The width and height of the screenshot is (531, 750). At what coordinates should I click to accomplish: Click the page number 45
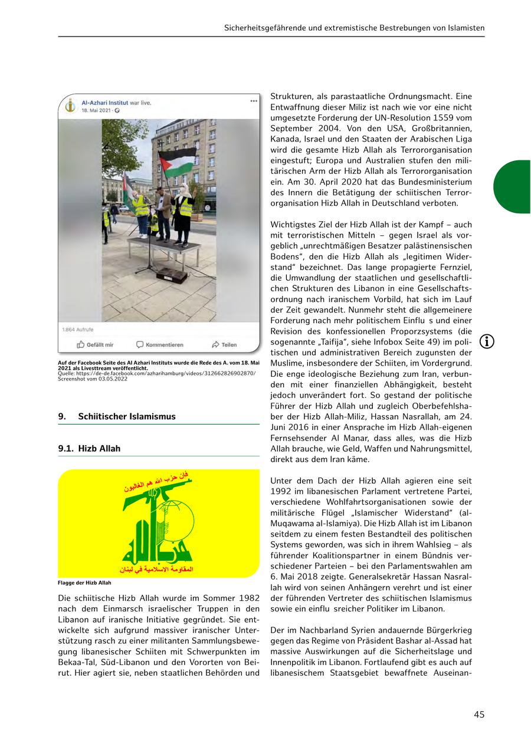point(478,714)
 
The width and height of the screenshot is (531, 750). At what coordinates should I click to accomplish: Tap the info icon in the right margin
point(487,341)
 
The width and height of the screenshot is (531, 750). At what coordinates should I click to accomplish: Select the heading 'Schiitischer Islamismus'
point(127,416)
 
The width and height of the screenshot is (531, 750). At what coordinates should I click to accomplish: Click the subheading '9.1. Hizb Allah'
point(89,448)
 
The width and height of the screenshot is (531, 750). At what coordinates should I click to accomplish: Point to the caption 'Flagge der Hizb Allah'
point(84,583)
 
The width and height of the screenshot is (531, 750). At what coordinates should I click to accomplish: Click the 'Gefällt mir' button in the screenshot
point(95,344)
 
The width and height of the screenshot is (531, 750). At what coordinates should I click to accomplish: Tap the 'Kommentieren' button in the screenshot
point(159,344)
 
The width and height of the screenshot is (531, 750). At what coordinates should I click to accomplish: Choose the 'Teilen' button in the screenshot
point(224,344)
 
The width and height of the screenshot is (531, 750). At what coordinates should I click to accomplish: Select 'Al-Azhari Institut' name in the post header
point(104,103)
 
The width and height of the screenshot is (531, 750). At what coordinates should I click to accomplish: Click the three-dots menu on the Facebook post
point(254,101)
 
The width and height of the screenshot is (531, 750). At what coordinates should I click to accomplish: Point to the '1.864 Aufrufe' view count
point(78,330)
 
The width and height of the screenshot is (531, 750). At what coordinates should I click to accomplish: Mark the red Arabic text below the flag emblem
point(156,569)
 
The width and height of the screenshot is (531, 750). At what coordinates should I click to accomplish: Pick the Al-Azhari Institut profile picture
point(70,106)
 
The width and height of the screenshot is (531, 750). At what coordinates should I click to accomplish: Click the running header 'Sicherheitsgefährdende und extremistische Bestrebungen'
point(354,28)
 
